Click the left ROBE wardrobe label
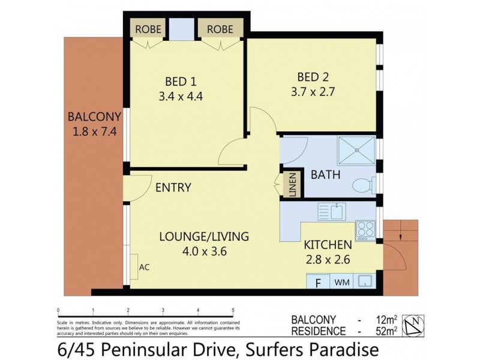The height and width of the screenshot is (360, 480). coord(147,28)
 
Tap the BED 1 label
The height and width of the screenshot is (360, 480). coord(181,81)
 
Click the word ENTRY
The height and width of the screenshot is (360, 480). coord(173,187)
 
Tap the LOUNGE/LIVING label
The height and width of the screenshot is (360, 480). coord(203,236)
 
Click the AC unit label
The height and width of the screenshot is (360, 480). coord(144,267)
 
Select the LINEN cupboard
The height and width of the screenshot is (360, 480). coord(292,185)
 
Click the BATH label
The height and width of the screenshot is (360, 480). coord(325,175)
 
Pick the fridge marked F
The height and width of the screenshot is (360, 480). coord(318,281)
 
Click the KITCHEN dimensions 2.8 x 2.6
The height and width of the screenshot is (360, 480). coord(326,260)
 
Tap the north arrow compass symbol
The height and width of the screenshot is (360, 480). coord(413,325)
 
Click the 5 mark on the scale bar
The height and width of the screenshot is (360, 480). coord(233,311)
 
